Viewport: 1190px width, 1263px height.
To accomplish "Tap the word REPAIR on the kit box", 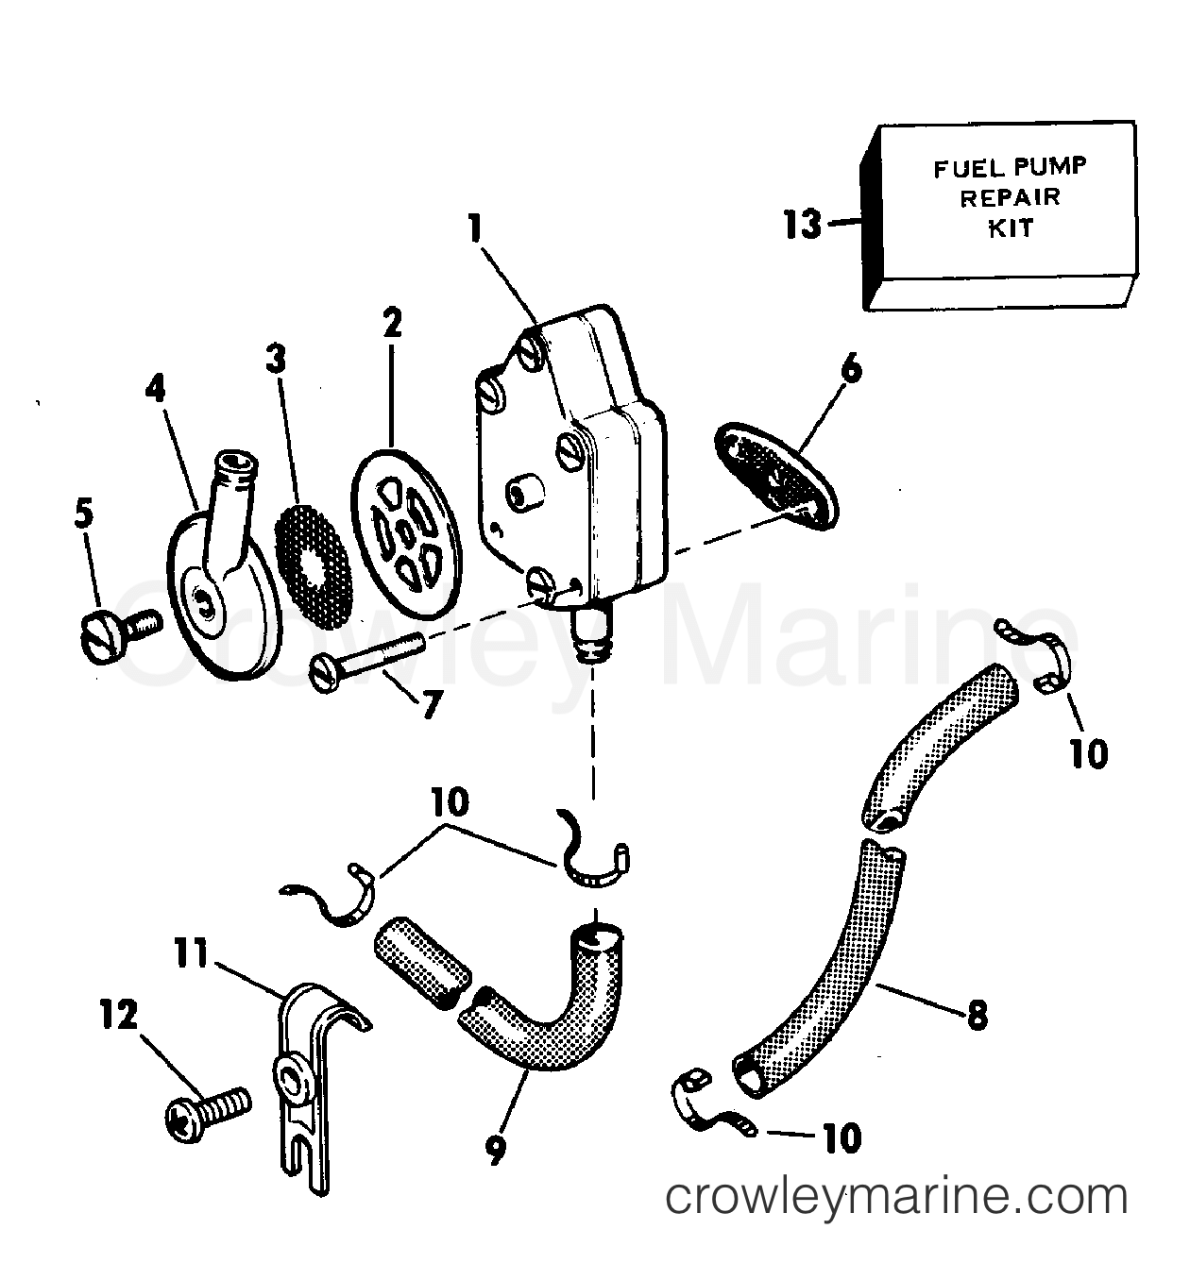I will pyautogui.click(x=1011, y=197).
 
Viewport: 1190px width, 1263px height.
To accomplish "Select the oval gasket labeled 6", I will pyautogui.click(x=774, y=469).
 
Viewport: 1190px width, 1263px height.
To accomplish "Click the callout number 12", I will pyautogui.click(x=118, y=1018).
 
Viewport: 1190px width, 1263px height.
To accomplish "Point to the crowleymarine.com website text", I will pyautogui.click(x=896, y=1198).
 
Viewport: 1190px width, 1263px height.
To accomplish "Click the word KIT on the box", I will pyautogui.click(x=1011, y=227).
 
